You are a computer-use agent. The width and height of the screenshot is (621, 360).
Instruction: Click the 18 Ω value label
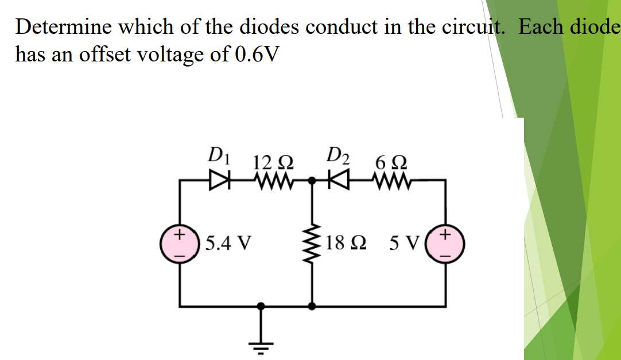pyautogui.click(x=344, y=243)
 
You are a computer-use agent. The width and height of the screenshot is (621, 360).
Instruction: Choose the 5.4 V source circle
pyautogui.click(x=181, y=243)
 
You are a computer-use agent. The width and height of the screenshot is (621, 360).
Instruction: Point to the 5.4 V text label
pyautogui.click(x=228, y=243)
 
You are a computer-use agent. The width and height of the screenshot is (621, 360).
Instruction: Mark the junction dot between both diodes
pyautogui.click(x=312, y=180)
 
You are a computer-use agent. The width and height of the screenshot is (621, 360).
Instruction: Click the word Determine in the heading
pyautogui.click(x=64, y=28)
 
